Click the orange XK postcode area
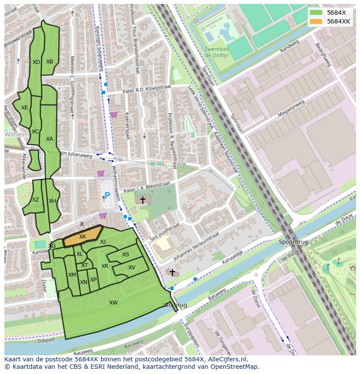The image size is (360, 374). coord(83,237)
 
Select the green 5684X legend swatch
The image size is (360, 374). coord(317,12)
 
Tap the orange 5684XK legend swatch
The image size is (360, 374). coord(317,21)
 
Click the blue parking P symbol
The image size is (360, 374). coord(107,196)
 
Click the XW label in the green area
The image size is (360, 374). coord(113,303)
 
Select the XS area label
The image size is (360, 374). coord(126,255)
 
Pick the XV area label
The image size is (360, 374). coord(132,268)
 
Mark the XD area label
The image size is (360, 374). coord(36,62)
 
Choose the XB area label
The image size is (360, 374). coord(50,62)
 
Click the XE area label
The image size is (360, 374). coord(25,108)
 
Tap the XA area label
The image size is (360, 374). coord(50,139)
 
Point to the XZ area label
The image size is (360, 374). coord(36,200)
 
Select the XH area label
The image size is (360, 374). coord(52,201)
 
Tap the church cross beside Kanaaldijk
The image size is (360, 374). coord(172,273)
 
